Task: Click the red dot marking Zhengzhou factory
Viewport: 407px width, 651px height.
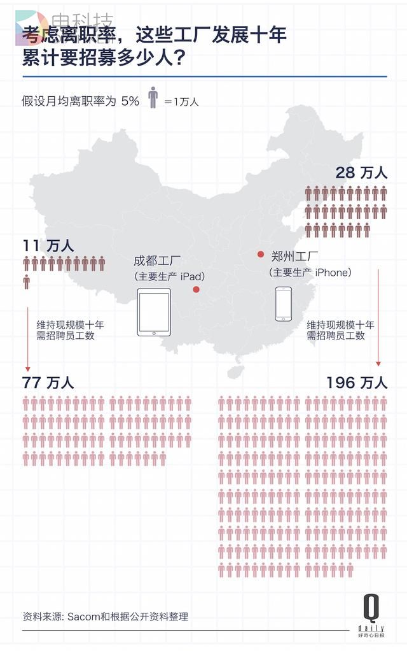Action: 260,255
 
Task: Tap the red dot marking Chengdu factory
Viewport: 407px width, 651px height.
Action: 196,290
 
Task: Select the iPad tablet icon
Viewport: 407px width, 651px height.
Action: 155,312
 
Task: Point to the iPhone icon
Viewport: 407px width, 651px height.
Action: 284,304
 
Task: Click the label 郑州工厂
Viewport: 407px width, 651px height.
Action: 294,257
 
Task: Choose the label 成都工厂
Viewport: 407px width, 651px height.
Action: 157,261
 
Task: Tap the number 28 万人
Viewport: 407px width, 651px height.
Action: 361,173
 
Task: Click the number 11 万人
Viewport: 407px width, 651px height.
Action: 48,245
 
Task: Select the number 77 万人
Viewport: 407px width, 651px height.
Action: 48,382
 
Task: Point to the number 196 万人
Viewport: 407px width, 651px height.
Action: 356,382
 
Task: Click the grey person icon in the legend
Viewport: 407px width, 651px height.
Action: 153,97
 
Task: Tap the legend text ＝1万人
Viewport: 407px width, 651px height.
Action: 181,101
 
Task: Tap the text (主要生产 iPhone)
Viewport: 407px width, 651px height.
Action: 310,273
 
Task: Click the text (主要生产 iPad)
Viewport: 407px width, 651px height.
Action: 169,276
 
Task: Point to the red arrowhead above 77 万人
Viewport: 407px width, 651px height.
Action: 27,368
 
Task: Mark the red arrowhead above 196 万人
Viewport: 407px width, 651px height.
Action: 378,363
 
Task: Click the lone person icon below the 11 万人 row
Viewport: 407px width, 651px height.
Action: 27,281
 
